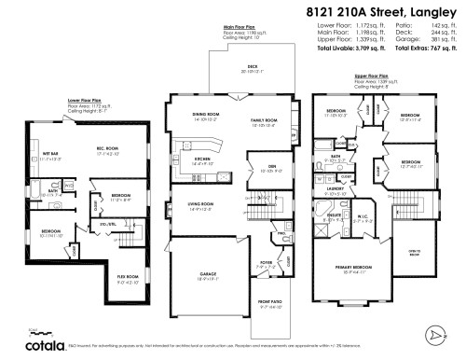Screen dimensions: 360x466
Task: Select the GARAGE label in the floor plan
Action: [x=203, y=273]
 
